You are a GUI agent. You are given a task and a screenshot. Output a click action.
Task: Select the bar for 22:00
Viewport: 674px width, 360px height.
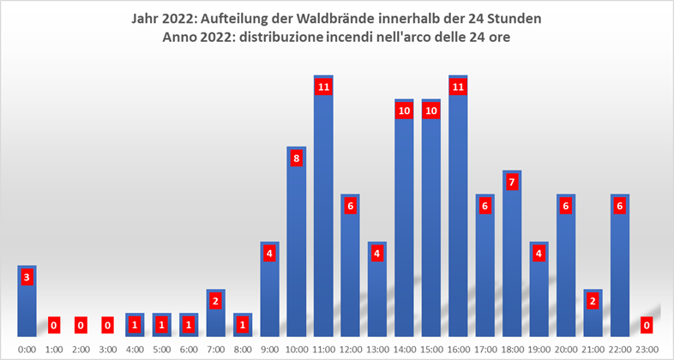(x=620, y=265)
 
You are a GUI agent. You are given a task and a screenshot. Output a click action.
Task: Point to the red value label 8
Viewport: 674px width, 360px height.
(x=296, y=159)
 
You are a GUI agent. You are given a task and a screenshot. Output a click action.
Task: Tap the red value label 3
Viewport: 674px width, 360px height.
(x=27, y=277)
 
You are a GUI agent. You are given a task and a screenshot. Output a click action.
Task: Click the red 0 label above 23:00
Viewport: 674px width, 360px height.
(x=647, y=325)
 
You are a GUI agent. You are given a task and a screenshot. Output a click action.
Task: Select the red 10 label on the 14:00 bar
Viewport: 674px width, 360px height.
(x=404, y=111)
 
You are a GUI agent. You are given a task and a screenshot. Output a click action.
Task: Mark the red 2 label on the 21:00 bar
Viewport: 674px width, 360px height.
(x=593, y=301)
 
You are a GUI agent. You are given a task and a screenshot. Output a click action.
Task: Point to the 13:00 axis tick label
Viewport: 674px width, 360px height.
(x=376, y=349)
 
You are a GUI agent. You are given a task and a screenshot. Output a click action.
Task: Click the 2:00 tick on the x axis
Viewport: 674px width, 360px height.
(x=81, y=349)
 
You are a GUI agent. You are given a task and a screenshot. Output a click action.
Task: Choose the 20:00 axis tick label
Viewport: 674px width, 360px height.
(x=566, y=349)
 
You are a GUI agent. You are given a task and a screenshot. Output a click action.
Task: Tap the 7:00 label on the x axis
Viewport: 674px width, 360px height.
(x=215, y=349)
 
